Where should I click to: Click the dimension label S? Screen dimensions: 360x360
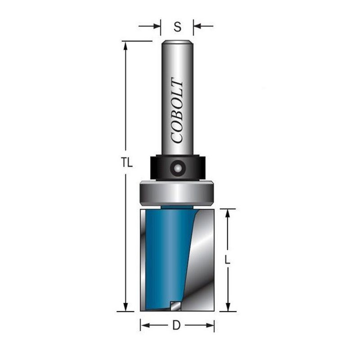[x=177, y=27]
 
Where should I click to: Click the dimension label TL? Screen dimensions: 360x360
[x=127, y=163]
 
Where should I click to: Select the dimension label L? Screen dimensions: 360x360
[x=227, y=260]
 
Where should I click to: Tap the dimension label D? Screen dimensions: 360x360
[x=176, y=325]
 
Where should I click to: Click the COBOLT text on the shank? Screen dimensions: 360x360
[x=177, y=110]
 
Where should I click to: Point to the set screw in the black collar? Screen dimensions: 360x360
[x=177, y=168]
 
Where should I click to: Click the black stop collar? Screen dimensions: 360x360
[x=178, y=167]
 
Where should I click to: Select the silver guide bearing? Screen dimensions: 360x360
[x=177, y=193]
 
